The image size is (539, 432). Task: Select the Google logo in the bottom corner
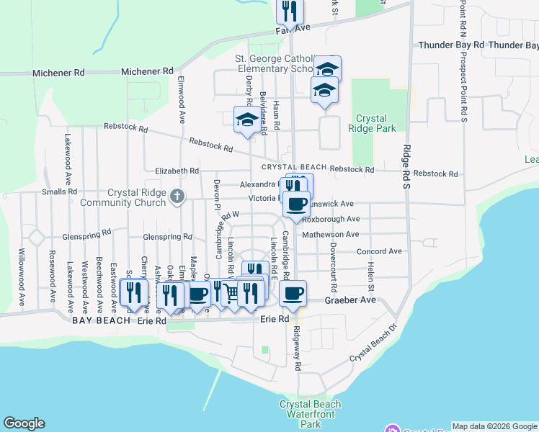(24, 423)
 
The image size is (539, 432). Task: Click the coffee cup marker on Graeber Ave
(293, 293)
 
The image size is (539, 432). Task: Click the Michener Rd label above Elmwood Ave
(148, 72)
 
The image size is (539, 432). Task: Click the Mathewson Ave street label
(330, 235)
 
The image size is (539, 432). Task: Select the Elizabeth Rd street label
(177, 171)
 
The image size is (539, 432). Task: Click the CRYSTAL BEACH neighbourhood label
(293, 167)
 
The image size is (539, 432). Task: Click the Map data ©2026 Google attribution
(494, 426)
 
